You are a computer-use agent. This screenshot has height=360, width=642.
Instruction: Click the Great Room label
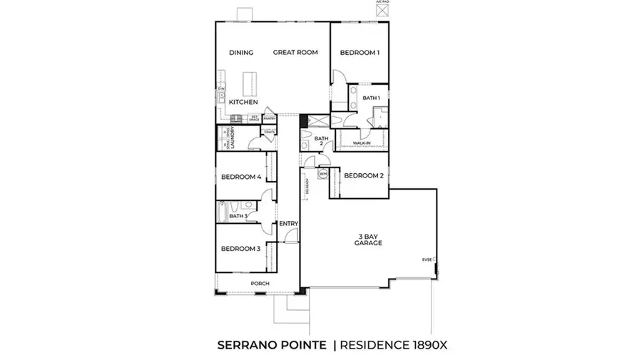295,53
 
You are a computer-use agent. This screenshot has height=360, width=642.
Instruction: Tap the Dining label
242,53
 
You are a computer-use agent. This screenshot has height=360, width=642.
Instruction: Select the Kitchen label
243,102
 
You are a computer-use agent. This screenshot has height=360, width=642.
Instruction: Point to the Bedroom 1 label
360,53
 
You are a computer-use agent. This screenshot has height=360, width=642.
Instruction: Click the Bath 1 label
371,98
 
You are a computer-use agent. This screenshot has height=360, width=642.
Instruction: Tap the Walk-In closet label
361,143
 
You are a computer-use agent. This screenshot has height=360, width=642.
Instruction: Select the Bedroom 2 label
364,175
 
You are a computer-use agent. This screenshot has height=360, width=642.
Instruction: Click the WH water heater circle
322,173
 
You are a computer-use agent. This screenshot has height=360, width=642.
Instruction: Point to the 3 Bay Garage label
369,240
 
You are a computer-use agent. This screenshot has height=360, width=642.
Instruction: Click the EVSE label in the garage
427,259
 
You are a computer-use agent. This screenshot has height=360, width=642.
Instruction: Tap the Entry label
288,224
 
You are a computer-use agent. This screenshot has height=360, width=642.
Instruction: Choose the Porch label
260,284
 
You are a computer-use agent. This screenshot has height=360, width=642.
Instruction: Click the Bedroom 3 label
240,249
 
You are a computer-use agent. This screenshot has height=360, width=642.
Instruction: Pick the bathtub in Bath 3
223,211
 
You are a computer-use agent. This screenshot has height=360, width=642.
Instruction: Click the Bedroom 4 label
240,177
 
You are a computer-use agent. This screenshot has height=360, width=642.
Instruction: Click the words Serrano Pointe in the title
272,345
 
